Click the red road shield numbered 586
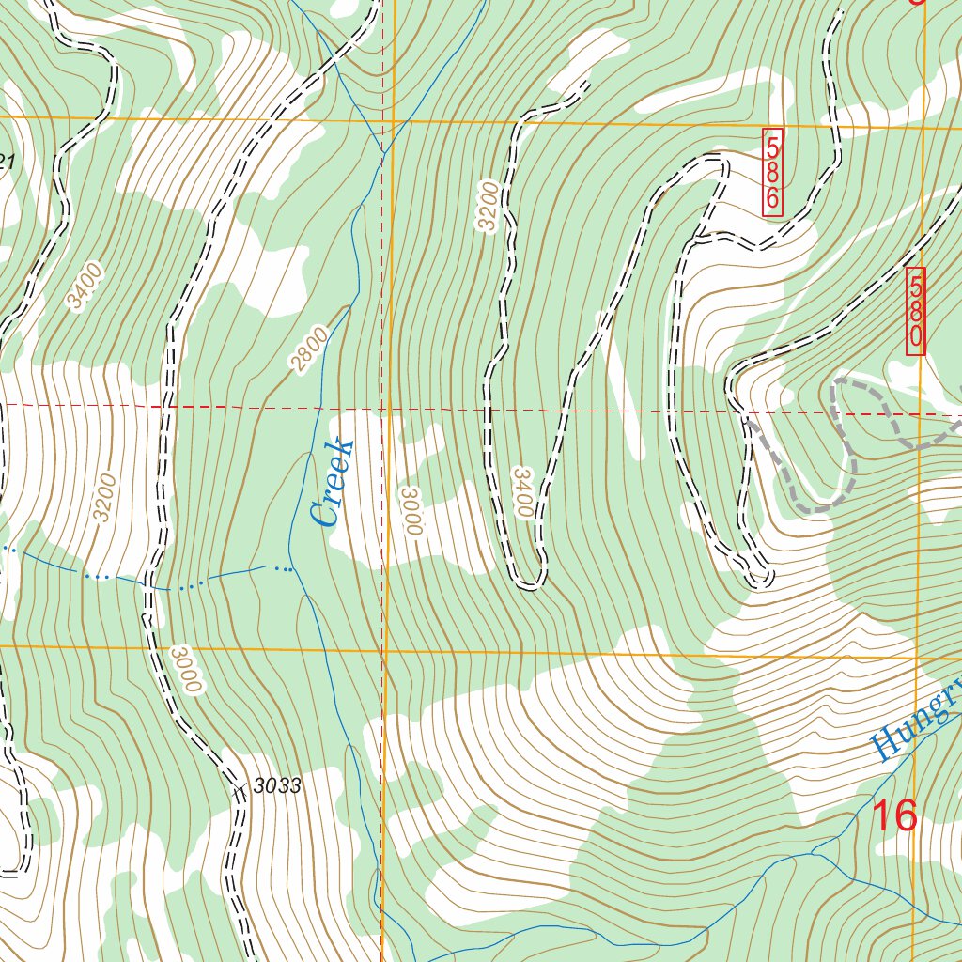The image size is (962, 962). pyautogui.click(x=772, y=173)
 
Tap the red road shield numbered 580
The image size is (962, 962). pyautogui.click(x=916, y=311)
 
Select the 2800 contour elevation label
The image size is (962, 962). pyautogui.click(x=311, y=349)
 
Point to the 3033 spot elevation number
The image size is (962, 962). pyautogui.click(x=277, y=786)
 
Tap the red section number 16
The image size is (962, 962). pyautogui.click(x=894, y=816)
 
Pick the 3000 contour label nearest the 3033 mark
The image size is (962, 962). pyautogui.click(x=187, y=669)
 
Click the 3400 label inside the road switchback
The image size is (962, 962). pyautogui.click(x=522, y=490)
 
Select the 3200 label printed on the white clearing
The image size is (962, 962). pyautogui.click(x=105, y=497)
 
